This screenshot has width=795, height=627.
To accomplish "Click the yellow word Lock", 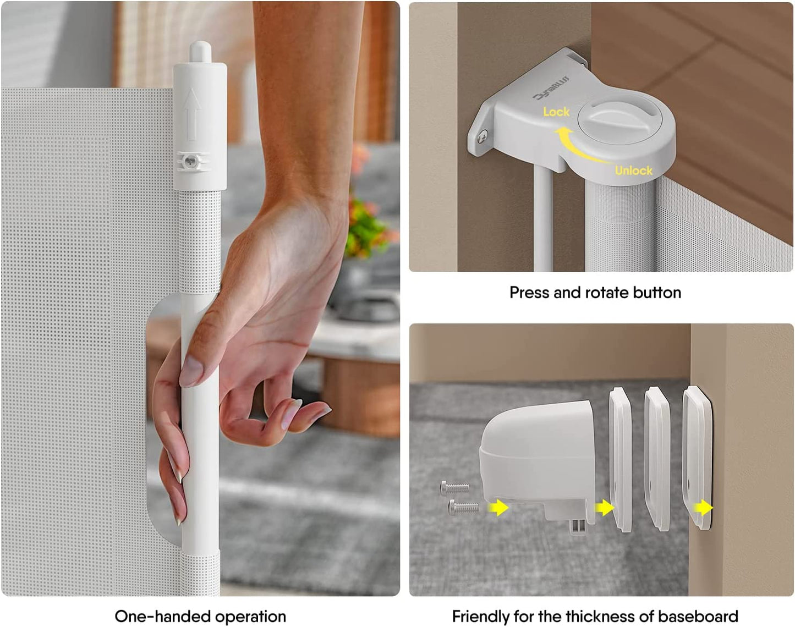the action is tap(556, 112).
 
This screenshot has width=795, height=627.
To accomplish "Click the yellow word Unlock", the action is tap(634, 170).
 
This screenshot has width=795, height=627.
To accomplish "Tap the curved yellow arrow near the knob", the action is tap(576, 146).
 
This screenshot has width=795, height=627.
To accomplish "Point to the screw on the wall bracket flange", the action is tap(482, 137).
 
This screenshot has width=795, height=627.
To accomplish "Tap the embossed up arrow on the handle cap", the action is tap(191, 114).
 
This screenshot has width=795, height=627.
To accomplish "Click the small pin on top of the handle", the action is tap(200, 51).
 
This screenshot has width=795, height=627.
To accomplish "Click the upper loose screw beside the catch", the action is tap(454, 488).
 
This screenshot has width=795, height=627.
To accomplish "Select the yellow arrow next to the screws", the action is tap(498, 507).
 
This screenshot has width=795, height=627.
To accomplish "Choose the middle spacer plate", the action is tap(657, 459).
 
